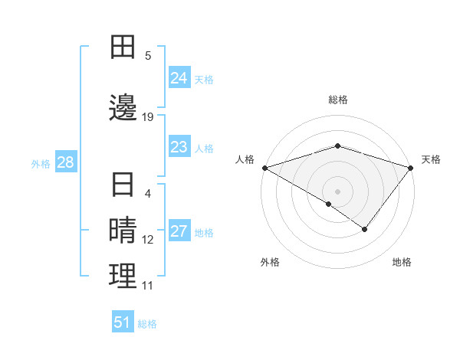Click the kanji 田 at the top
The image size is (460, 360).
pyautogui.click(x=123, y=47)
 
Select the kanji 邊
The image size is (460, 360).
pyautogui.click(x=123, y=106)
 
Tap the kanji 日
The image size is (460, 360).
pyautogui.click(x=123, y=186)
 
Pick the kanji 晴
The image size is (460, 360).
pyautogui.click(x=123, y=231)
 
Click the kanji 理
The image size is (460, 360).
pyautogui.click(x=123, y=276)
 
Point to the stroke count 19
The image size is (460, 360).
pyautogui.click(x=148, y=117)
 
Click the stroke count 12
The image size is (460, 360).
pyautogui.click(x=148, y=240)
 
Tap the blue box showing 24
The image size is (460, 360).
pyautogui.click(x=179, y=78)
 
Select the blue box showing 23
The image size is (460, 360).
pyautogui.click(x=179, y=147)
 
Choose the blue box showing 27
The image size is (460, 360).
pyautogui.click(x=179, y=232)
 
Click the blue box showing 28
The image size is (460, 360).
pyautogui.click(x=65, y=162)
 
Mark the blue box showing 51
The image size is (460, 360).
pyautogui.click(x=123, y=322)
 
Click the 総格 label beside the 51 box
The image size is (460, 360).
pyautogui.click(x=147, y=324)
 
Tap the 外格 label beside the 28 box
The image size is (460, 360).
pyautogui.click(x=41, y=163)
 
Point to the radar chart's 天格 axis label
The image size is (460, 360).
pyautogui.click(x=432, y=159)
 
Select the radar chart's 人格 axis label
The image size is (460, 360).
pyautogui.click(x=245, y=159)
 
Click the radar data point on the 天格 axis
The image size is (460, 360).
pyautogui.click(x=411, y=167)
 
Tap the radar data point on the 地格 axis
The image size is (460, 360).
pyautogui.click(x=365, y=229)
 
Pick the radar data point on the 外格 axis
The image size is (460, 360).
pyautogui.click(x=329, y=204)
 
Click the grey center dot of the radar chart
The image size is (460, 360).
pyautogui.click(x=337, y=191)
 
